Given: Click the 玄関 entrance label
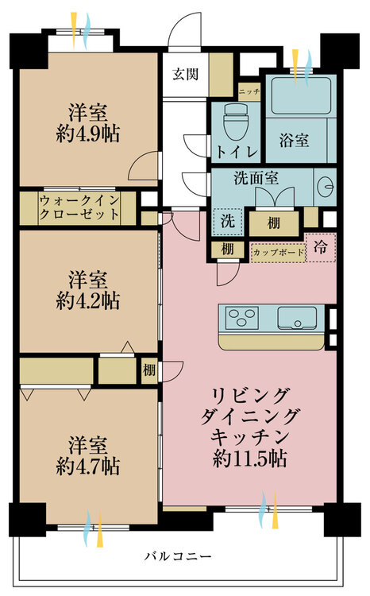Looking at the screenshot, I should coord(185,75).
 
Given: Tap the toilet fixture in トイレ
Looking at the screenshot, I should coord(236,123).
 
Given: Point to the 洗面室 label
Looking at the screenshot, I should coord(255,179).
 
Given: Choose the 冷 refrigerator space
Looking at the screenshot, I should coord(321,247).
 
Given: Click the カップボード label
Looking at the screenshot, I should coord(278,253).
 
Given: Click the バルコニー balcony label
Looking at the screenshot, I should coord(178,556).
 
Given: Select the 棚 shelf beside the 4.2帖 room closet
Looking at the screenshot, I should coord(149,370).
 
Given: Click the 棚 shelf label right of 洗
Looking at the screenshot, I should coord(273,222).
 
